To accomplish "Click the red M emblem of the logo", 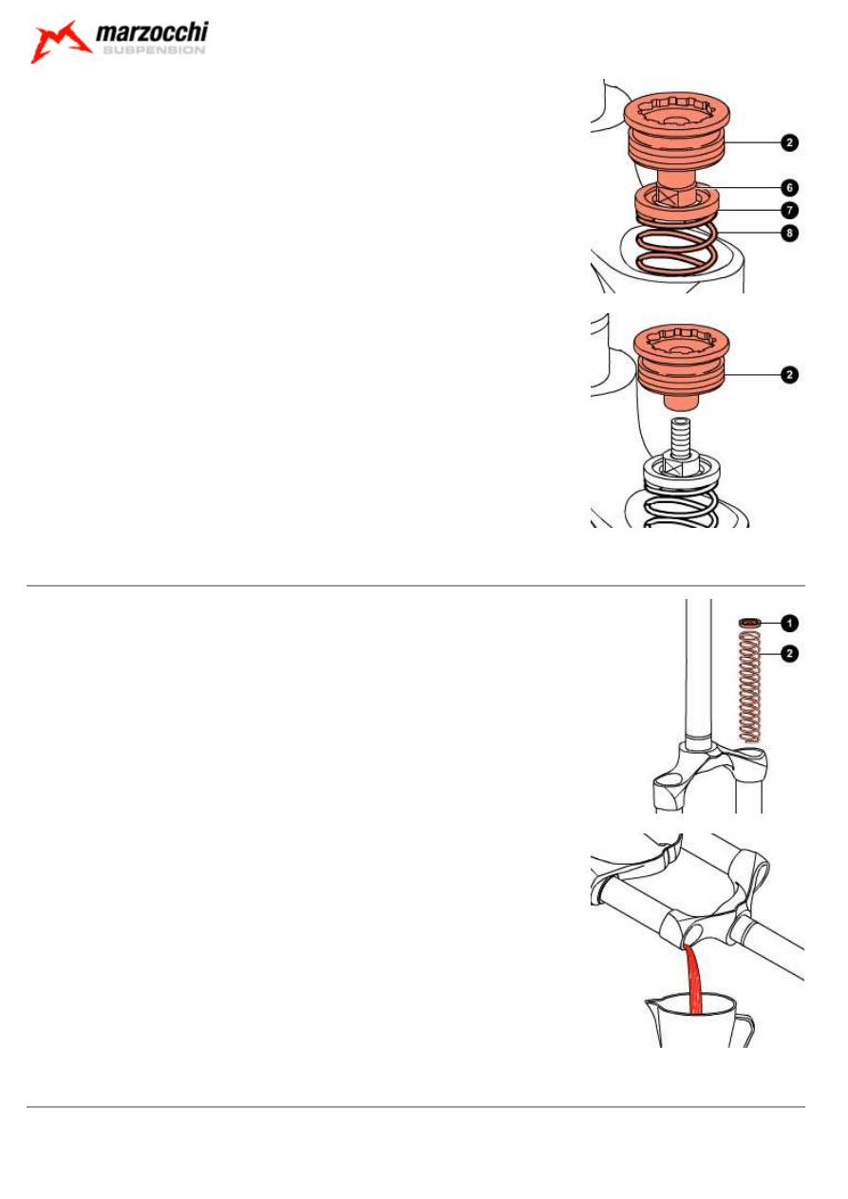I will point(60,42).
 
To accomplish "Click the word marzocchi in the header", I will point(151,34).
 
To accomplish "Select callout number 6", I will point(789,188).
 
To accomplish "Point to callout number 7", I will point(789,209).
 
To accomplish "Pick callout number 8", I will point(789,232).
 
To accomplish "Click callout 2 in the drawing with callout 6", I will point(789,143).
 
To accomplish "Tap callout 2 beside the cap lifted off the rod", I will point(789,375).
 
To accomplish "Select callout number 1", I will point(789,624).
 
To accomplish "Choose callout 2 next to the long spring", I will point(789,652).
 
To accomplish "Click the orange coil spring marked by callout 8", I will point(676,256).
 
